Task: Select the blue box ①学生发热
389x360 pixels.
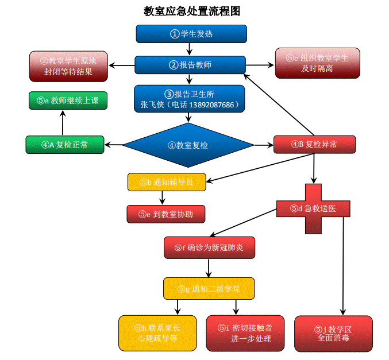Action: [191, 34]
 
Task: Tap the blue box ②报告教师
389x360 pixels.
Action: [190, 65]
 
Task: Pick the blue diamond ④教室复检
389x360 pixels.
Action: [188, 145]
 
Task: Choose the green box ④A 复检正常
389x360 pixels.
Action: [65, 145]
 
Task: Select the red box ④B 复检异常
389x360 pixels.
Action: [314, 144]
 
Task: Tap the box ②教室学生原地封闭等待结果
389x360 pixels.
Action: [69, 66]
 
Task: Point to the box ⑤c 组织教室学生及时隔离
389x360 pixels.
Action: [317, 63]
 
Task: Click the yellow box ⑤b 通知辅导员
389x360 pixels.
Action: [167, 182]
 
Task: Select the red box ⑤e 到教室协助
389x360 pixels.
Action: [165, 214]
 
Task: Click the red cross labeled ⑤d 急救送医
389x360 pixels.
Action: [313, 208]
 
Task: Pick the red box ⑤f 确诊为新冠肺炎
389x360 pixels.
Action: [209, 247]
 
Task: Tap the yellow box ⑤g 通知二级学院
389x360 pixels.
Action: [208, 288]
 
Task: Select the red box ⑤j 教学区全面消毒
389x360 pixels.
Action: [333, 334]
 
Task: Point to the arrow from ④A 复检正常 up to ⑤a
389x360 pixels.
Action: [63, 122]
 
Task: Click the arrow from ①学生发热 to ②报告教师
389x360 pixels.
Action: [191, 49]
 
